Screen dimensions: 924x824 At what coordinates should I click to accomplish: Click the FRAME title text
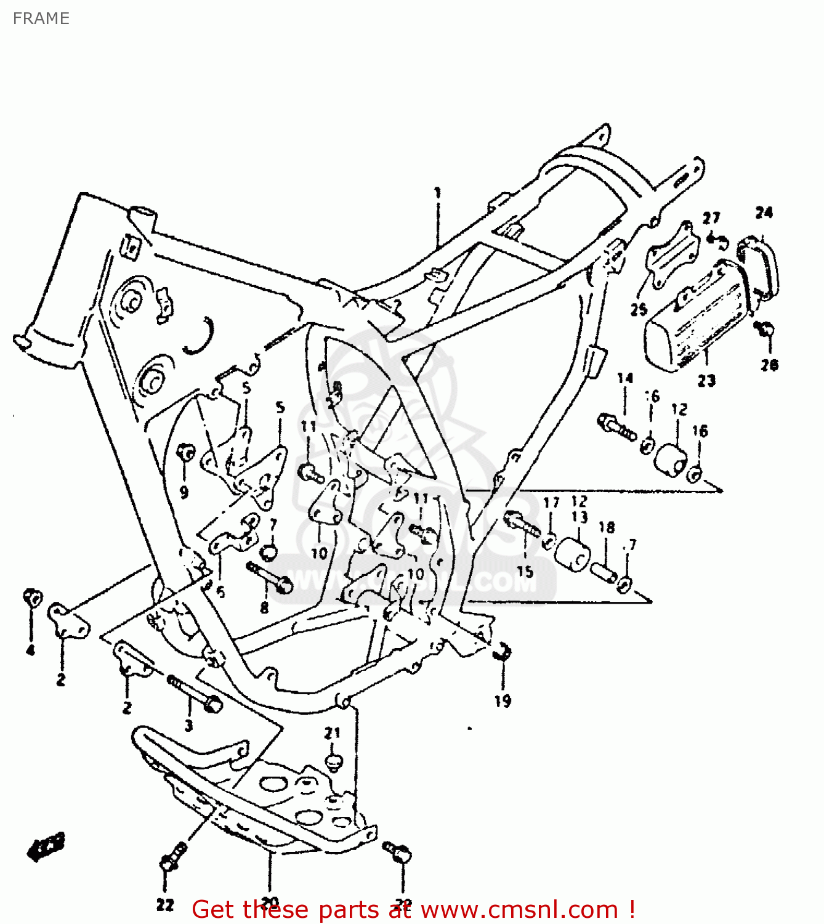click(x=41, y=18)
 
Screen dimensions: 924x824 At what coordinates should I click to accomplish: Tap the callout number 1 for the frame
click(x=438, y=193)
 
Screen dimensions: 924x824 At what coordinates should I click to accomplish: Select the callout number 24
click(x=764, y=213)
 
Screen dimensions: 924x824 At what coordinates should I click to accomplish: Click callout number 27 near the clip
click(x=711, y=218)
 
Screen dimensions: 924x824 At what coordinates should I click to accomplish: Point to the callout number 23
click(x=706, y=381)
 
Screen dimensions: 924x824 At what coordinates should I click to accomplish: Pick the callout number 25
click(x=639, y=309)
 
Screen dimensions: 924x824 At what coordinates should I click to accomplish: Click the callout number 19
click(x=503, y=700)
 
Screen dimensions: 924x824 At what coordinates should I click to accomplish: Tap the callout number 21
click(x=332, y=733)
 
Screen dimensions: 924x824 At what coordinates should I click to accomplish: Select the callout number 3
click(x=188, y=726)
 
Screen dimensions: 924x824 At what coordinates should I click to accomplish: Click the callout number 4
click(x=30, y=650)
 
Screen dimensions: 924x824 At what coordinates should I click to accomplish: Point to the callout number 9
click(x=184, y=492)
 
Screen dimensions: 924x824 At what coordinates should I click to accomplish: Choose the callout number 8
click(x=264, y=608)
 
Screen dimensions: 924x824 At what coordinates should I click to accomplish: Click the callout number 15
click(x=525, y=572)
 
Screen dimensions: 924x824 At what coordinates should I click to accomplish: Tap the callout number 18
click(x=607, y=527)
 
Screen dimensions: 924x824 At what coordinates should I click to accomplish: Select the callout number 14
click(x=625, y=378)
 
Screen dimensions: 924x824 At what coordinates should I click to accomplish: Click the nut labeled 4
click(x=32, y=598)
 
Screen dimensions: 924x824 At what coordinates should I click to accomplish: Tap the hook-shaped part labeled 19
click(x=503, y=650)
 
